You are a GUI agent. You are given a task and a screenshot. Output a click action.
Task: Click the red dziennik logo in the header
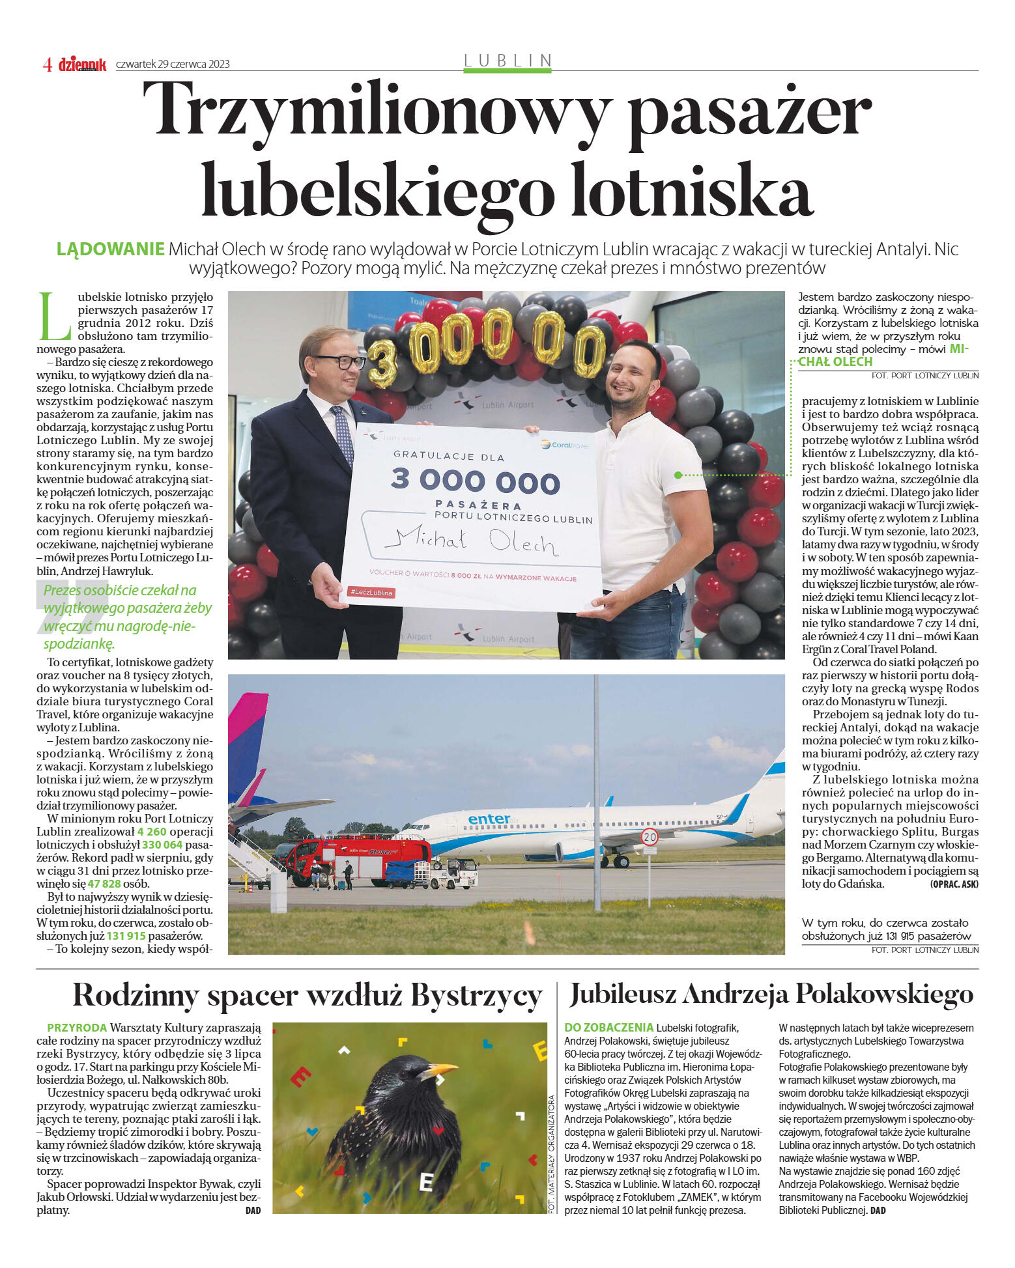point(83,64)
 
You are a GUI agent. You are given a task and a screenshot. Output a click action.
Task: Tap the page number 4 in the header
point(48,64)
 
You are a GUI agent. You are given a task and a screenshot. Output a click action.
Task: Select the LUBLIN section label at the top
point(507,61)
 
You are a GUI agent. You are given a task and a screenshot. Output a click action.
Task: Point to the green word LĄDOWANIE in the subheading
point(110,249)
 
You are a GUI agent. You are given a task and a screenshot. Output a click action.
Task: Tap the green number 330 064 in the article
point(162,845)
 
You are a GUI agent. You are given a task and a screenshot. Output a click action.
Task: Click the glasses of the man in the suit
point(340,361)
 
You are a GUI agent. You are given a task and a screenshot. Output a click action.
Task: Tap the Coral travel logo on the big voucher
point(564,445)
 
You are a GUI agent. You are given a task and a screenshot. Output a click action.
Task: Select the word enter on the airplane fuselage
point(489,819)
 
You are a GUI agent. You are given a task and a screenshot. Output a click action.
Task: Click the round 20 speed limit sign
point(650,837)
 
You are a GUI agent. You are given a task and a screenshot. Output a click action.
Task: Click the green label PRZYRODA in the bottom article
point(77,1028)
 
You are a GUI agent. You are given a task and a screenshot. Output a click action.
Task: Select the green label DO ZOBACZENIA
point(608,1028)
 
